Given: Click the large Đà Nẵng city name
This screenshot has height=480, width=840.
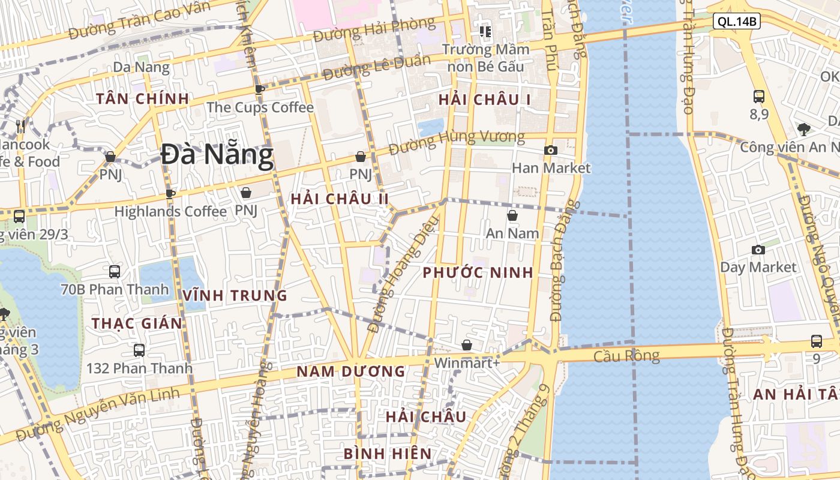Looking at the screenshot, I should (217, 155).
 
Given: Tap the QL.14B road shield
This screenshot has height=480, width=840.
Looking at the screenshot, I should (737, 22).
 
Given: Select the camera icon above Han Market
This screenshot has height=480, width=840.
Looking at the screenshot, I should (551, 150).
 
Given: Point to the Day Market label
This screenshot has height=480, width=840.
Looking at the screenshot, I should (758, 267).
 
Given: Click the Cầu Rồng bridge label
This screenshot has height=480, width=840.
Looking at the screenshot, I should (626, 355).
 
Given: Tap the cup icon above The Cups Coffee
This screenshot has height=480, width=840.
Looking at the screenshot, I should (260, 89).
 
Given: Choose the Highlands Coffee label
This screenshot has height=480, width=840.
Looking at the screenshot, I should (170, 211).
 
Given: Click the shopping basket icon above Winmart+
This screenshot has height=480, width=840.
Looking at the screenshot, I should (467, 345).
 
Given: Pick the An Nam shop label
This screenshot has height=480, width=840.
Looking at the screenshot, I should (512, 233).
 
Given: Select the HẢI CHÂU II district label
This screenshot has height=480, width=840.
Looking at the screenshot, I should (340, 199).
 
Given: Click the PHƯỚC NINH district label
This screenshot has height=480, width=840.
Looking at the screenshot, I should (478, 272).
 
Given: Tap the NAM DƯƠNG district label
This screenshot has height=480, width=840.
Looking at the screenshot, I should (351, 371).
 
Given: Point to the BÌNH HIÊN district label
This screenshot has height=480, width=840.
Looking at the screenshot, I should (388, 454).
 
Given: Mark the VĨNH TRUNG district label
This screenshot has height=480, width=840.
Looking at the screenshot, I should (235, 295).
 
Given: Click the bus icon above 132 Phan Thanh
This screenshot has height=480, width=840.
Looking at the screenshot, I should (139, 350).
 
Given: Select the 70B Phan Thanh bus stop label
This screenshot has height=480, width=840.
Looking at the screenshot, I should (115, 289).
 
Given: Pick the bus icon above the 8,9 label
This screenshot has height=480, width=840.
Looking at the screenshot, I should (759, 96).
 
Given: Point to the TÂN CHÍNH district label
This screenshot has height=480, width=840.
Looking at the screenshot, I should (143, 98).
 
